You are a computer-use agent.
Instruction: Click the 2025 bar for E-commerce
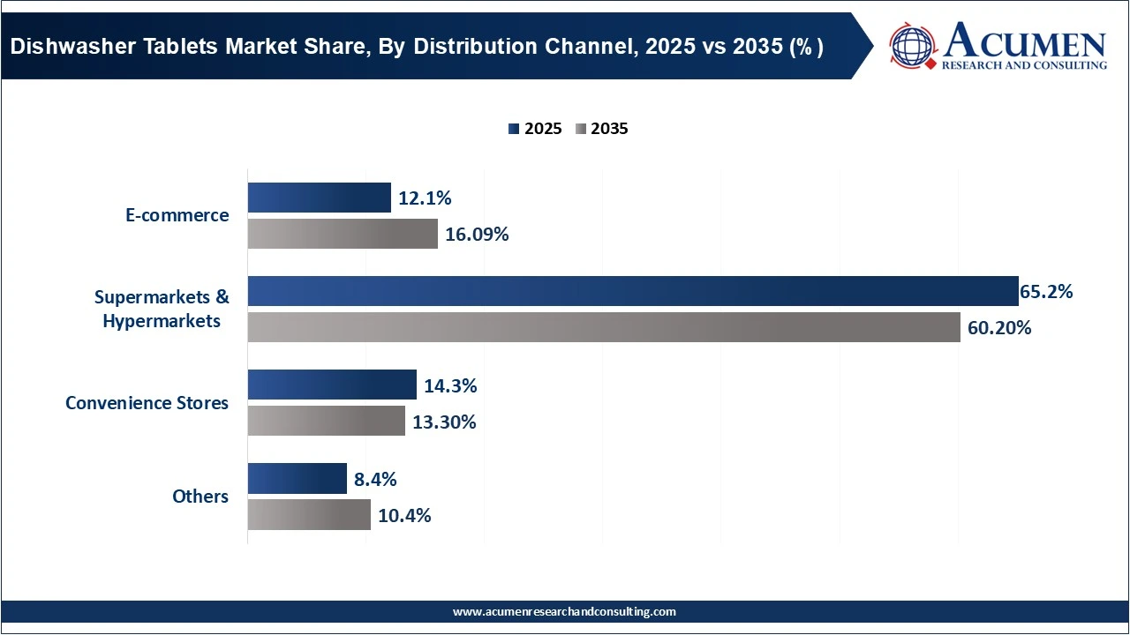(319, 198)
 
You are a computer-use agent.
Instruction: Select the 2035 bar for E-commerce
(343, 234)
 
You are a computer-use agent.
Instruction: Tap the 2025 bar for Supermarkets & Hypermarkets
(633, 291)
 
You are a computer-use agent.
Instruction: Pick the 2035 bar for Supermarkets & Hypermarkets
(604, 327)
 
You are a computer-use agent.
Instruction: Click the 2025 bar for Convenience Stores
(332, 385)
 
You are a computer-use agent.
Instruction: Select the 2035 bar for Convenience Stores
(326, 421)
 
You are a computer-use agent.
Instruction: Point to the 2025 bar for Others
(297, 478)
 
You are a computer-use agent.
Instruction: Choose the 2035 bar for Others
(309, 514)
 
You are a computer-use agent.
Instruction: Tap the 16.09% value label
(477, 235)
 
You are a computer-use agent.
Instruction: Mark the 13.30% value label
(444, 422)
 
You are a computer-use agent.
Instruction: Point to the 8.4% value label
(375, 479)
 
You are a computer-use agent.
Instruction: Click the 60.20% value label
(999, 328)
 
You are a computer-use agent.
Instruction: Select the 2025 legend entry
(535, 129)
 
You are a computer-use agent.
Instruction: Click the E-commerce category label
(177, 215)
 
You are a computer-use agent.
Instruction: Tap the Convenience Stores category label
(147, 403)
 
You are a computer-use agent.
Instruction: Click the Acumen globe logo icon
(913, 46)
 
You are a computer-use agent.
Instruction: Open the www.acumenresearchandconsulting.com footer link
(564, 611)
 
